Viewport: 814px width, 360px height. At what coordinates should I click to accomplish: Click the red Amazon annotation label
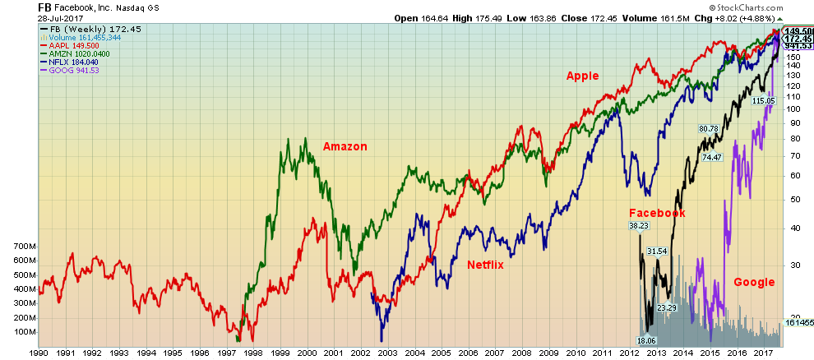tap(345, 146)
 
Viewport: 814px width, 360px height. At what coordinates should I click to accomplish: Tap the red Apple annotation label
tap(582, 76)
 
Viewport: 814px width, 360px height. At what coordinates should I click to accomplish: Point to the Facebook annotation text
tap(657, 213)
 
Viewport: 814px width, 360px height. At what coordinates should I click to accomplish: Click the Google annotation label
tap(754, 282)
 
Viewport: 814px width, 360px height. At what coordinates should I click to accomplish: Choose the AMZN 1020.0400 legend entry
tap(79, 53)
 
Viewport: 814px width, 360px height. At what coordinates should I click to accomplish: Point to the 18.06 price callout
tap(650, 340)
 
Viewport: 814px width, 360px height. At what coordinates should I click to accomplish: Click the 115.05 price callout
tap(763, 100)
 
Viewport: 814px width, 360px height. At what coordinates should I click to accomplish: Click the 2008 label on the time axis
tap(520, 353)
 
